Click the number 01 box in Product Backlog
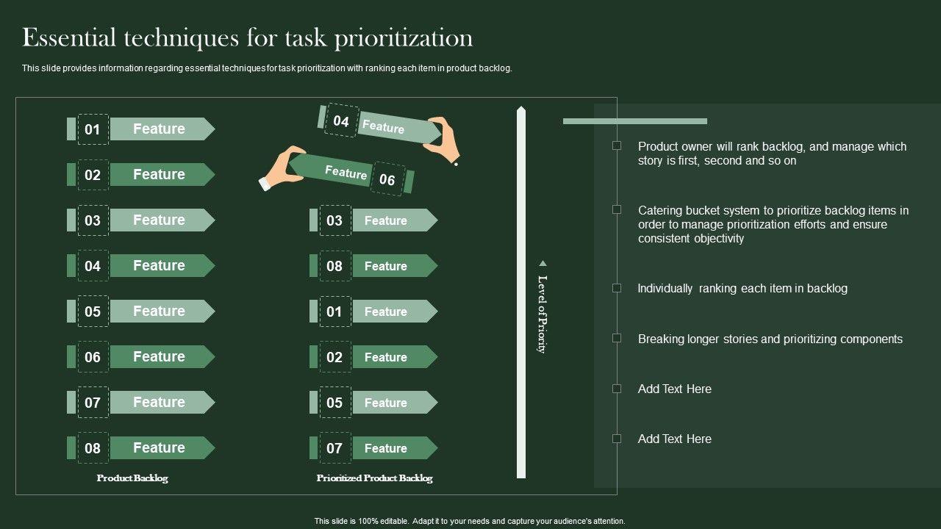pyautogui.click(x=93, y=129)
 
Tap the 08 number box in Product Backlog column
pyautogui.click(x=93, y=448)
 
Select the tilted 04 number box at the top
pyautogui.click(x=342, y=120)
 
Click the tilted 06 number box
pyautogui.click(x=387, y=179)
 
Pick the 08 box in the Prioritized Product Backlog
pyautogui.click(x=335, y=266)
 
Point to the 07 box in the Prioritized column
pyautogui.click(x=335, y=448)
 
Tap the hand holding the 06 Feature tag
pyautogui.click(x=282, y=168)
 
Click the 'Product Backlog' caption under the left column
pyautogui.click(x=132, y=478)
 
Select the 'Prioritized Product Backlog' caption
pyautogui.click(x=374, y=478)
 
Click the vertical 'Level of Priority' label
pyautogui.click(x=543, y=314)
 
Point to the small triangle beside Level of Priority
pyautogui.click(x=543, y=263)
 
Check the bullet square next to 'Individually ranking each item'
pyautogui.click(x=617, y=288)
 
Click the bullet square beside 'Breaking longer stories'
pyautogui.click(x=617, y=339)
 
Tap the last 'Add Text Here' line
pyautogui.click(x=675, y=439)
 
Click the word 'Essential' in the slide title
pyautogui.click(x=69, y=37)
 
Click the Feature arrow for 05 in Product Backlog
pyautogui.click(x=162, y=311)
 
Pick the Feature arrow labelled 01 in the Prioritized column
pyautogui.click(x=395, y=311)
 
